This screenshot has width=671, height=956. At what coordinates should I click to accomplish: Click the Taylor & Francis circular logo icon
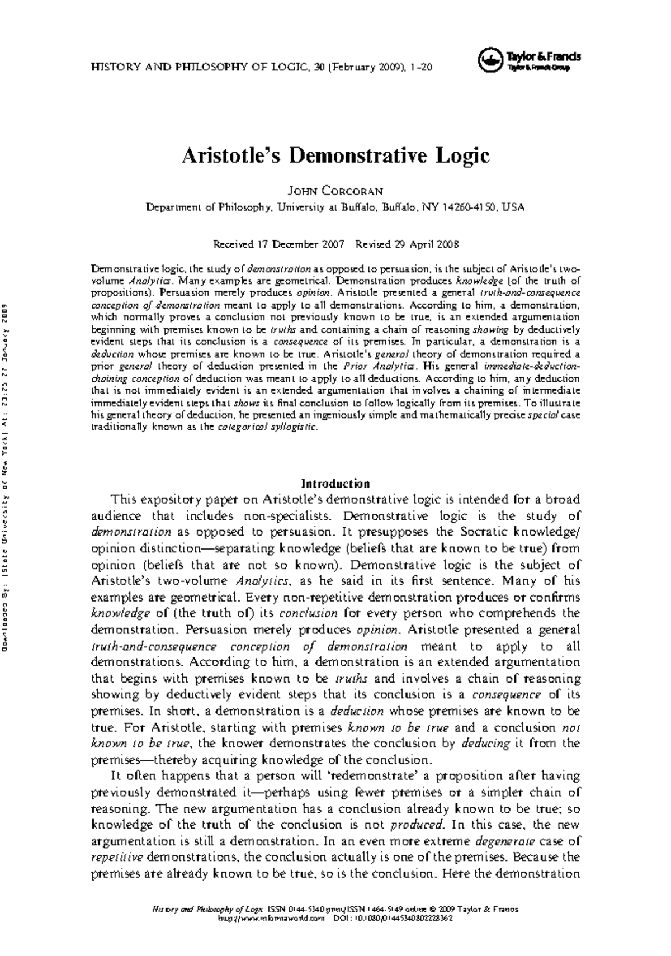[490, 60]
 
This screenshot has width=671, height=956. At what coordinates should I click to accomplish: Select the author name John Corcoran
[335, 192]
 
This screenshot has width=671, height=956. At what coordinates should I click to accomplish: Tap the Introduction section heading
[335, 483]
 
